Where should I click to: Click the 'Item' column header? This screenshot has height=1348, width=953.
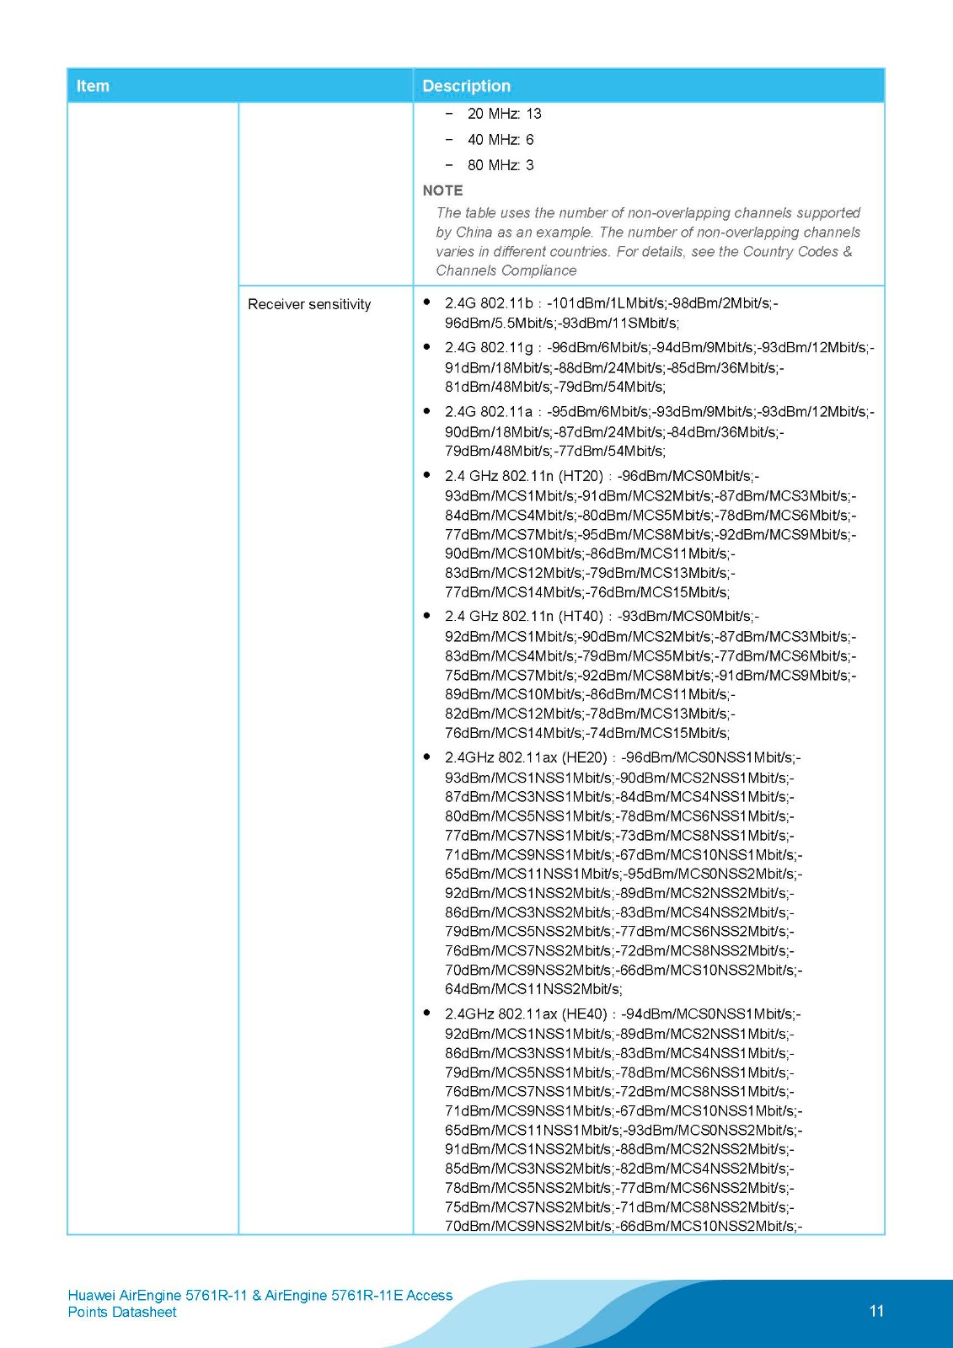point(93,86)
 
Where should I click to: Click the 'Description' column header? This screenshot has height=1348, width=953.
point(466,86)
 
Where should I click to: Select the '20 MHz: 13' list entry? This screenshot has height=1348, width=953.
point(504,114)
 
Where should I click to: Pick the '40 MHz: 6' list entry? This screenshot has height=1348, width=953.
point(501,140)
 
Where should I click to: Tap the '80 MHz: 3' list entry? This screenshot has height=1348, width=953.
point(501,165)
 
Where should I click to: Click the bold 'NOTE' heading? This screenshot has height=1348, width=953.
point(442,190)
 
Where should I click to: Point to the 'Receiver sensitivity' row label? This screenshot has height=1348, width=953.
point(309,304)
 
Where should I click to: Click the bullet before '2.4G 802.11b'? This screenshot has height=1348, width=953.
point(427,302)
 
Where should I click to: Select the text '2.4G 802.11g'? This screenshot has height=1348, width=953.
point(489,347)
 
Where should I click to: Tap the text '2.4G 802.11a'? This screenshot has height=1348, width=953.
point(489,412)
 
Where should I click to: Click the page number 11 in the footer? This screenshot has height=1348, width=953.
point(876,1311)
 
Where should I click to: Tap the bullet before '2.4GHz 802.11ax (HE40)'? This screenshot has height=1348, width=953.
point(427,1013)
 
